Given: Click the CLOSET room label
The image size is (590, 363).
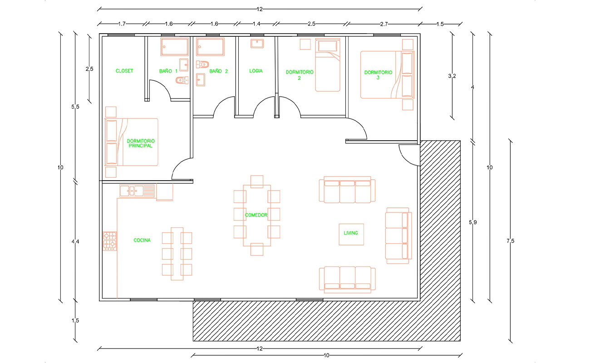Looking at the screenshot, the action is coord(124,71).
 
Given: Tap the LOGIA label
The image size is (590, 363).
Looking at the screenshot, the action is coord(256,71).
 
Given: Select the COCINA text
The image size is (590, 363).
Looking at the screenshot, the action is coord(142,240).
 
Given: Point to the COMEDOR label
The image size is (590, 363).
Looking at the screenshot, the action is coord(256,215).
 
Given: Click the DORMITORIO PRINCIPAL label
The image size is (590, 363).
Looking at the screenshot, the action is coord(141,143).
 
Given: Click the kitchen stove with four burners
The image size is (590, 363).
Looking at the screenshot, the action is coord(109,241).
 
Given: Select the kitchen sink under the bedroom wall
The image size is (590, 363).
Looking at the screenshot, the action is coord(137,191).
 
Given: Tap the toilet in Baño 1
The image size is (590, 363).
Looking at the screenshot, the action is coord(182,80).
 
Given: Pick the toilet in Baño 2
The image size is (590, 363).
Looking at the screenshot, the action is coord(202,64).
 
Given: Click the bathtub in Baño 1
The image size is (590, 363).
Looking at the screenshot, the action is coord(175,47).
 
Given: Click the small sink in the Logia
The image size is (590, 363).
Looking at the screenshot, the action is coord(257,44).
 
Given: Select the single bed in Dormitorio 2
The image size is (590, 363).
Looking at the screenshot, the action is coord(328,65).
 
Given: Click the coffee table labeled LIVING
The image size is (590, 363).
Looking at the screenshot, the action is coord(351,235).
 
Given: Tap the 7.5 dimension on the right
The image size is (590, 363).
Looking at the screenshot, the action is coord(510,241).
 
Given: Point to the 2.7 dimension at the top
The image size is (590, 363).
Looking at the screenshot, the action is coord(384,24).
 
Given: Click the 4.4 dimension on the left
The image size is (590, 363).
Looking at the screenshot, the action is coord(75,241).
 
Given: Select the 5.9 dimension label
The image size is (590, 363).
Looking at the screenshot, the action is coord(473,222).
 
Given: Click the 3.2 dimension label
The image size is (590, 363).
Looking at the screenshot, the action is coord(452,76).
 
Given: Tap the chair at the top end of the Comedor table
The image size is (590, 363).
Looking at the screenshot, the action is coord(257,181).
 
